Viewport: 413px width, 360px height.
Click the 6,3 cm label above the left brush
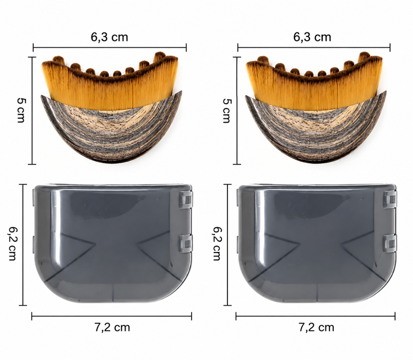(110, 37)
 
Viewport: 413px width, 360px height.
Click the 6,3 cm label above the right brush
(312, 37)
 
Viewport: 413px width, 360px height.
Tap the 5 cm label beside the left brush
(21, 110)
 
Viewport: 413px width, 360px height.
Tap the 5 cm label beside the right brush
(226, 111)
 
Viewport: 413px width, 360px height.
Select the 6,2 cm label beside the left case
(12, 244)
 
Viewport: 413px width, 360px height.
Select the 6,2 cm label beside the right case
(217, 244)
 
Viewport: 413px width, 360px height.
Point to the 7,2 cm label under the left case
(112, 328)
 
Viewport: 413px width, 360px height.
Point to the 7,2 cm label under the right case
(316, 328)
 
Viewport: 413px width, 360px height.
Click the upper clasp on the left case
(186, 200)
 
